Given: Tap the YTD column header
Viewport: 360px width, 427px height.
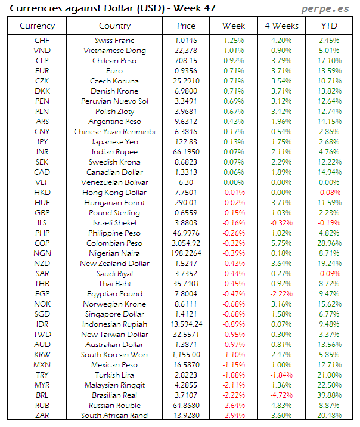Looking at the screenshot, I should pos(329,26).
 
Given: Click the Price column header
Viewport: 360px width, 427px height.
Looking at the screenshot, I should pos(187,26).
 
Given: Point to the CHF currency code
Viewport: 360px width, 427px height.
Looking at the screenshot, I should pos(42,41).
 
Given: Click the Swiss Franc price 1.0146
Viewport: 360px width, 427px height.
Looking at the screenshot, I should pos(187,41).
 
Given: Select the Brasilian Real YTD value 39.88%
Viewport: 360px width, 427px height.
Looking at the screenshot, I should pos(329,395).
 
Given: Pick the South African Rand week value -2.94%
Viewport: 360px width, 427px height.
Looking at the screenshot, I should pos(234,416).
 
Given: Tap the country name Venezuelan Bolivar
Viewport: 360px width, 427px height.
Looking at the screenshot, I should pos(115,182).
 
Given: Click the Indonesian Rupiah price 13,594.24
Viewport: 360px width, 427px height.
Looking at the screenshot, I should pos(187,324).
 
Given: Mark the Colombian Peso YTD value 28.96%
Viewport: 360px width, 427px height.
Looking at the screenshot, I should pos(329,243).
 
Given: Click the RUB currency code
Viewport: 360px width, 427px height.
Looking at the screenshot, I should pos(42,406).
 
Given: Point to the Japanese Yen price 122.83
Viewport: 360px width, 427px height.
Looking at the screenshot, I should pos(187,142).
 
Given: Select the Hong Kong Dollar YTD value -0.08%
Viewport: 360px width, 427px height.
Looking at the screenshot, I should pos(329,193).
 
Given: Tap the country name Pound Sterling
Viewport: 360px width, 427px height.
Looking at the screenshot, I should pos(115,213).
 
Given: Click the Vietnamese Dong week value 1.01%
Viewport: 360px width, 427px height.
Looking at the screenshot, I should pos(234,51).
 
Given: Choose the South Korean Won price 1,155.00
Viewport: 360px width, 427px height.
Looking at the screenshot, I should pos(187,355).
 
